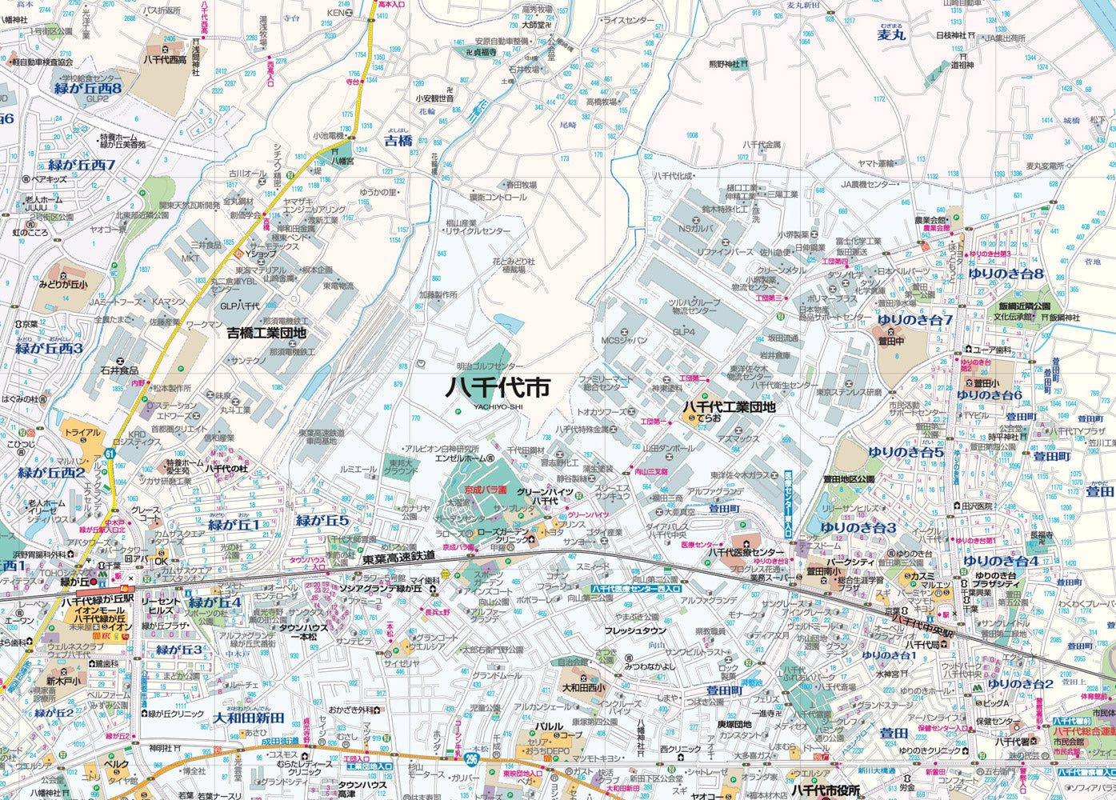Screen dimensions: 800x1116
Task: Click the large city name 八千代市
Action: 498,386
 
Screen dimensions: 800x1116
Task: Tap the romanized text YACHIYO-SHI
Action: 497,406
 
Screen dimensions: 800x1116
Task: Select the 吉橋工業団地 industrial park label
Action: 266,332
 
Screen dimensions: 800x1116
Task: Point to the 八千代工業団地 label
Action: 728,407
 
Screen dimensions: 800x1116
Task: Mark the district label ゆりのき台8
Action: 1005,274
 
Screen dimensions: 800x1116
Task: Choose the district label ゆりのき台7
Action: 914,320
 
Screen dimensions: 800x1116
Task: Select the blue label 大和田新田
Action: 250,718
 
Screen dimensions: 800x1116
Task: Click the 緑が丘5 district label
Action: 322,521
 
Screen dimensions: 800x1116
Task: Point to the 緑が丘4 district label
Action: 214,602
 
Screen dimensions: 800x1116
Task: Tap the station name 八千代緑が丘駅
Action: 98,599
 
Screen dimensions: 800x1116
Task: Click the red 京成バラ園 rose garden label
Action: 475,489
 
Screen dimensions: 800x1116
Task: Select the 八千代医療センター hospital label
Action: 744,553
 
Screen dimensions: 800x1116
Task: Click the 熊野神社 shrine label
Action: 724,64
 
